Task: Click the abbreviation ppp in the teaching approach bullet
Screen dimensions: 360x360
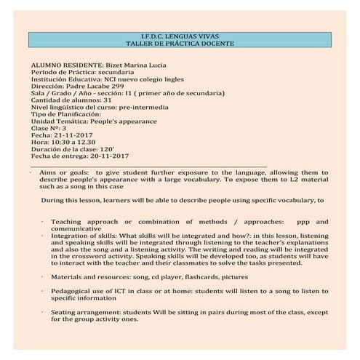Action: tap(295, 221)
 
